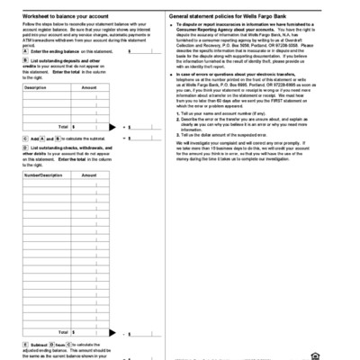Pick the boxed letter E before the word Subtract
tap(24, 344)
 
